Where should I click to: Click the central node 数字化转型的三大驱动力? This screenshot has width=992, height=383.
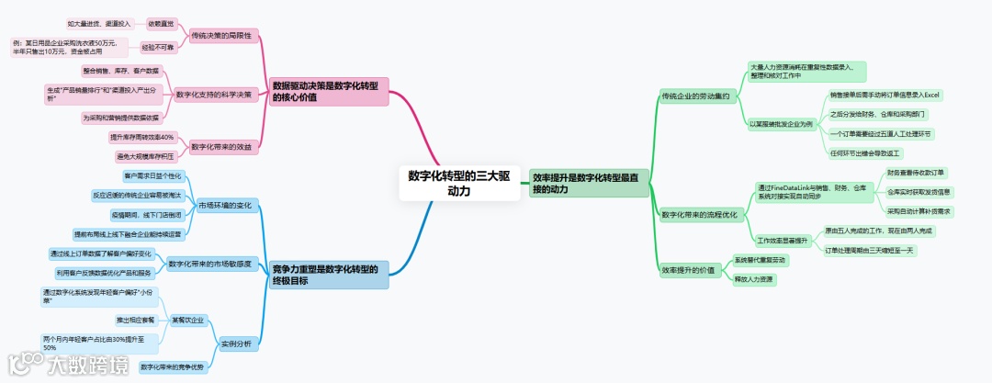coord(459,183)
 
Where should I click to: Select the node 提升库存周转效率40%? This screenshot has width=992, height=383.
coord(141,137)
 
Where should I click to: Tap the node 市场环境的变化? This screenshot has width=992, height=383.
coord(225,205)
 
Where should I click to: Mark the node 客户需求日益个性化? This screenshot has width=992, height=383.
coord(153,175)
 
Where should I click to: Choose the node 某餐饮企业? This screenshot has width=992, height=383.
coord(187,320)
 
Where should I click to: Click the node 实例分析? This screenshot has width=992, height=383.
coord(236,344)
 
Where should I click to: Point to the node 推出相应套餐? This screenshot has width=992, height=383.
coord(135,320)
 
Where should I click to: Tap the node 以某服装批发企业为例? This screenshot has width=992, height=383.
coord(780,123)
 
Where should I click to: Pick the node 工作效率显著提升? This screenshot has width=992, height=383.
coord(782,240)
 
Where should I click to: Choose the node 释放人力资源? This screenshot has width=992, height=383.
coord(754,278)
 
